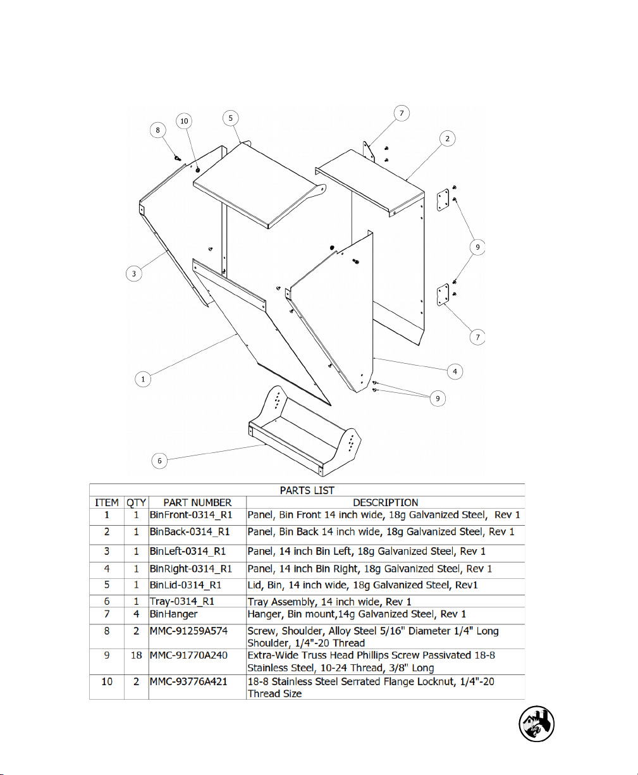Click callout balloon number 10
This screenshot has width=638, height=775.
click(x=184, y=120)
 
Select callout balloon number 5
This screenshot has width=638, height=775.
click(x=231, y=118)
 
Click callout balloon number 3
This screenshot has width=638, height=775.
click(x=133, y=274)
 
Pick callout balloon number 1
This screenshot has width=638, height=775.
click(x=144, y=379)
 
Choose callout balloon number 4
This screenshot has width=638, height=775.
click(x=455, y=371)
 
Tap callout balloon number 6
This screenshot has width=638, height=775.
click(x=160, y=461)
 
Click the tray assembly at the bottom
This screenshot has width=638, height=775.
click(x=304, y=437)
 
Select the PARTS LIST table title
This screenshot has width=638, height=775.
click(x=307, y=490)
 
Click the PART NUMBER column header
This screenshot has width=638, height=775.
click(x=197, y=503)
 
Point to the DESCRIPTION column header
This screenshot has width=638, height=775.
click(x=385, y=503)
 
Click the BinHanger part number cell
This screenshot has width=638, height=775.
click(x=173, y=614)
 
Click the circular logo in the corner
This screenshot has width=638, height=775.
click(x=537, y=724)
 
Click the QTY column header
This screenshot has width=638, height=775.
click(x=136, y=503)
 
